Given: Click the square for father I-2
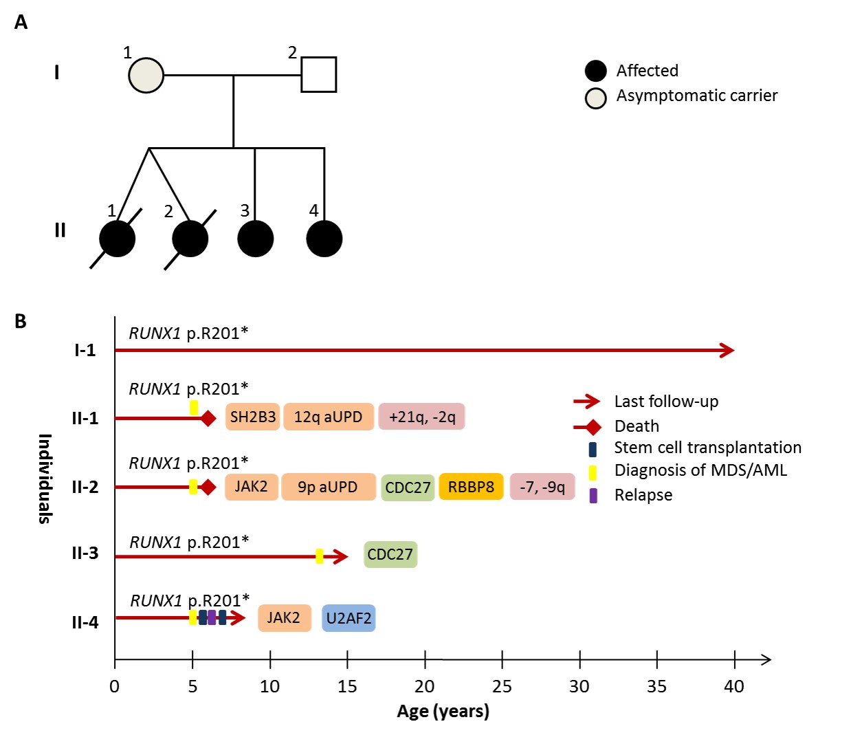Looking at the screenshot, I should pos(319,74).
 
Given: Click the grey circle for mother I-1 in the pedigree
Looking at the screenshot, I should pos(146,75).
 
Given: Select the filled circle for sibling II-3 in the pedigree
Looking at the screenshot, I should pos(256,239).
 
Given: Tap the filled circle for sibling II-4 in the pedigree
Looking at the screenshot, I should pos(324,239).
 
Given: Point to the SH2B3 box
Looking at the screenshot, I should pos(252,417).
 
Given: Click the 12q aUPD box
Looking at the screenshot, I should pos(328,417).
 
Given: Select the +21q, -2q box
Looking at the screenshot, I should pos(421,417).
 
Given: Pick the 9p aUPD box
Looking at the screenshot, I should pos(328,487).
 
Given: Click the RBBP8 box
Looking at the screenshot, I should pos(471,487).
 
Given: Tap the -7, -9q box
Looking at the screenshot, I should pos(542,487).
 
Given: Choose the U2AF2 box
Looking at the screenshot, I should pos(349,618).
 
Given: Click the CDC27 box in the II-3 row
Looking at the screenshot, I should pos(390,554).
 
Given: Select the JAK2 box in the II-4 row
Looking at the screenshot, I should pos(284,618).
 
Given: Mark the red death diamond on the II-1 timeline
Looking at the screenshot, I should pos(208,418).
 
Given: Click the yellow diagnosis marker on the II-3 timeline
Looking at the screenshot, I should pos(319,556).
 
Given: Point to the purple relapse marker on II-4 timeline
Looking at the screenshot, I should pos(212,617).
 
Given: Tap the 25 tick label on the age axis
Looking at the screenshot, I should pos(502,686).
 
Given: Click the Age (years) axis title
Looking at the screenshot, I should pos(443,711).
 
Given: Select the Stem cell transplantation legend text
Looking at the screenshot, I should pos(707,448).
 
